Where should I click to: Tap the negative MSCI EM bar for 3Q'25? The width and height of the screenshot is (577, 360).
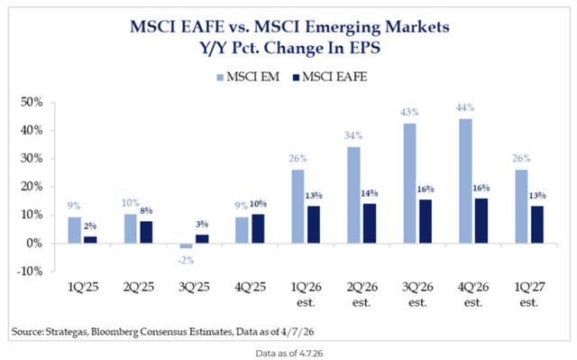click(x=185, y=245)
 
